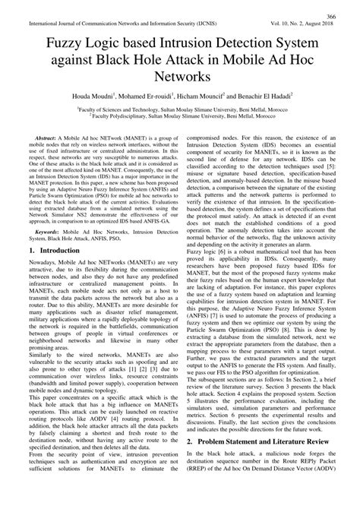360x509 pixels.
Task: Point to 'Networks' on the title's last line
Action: [180, 78]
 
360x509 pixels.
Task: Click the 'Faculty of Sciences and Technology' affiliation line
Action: [180, 110]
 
